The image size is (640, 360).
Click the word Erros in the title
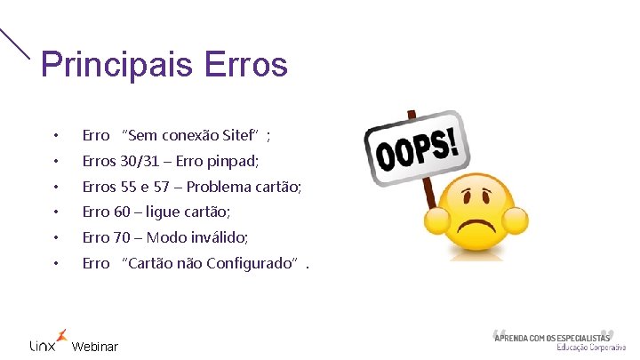[x=245, y=65]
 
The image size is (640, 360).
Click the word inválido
[x=216, y=237]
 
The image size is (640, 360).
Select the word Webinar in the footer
[x=94, y=347]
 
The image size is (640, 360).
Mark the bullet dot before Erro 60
[x=55, y=212]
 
